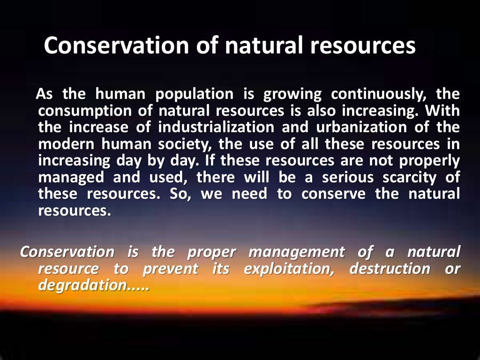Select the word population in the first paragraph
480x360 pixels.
coord(194,94)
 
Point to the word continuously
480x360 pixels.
coord(379,94)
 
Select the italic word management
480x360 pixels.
coord(297,252)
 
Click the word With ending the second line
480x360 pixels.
coord(444,111)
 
